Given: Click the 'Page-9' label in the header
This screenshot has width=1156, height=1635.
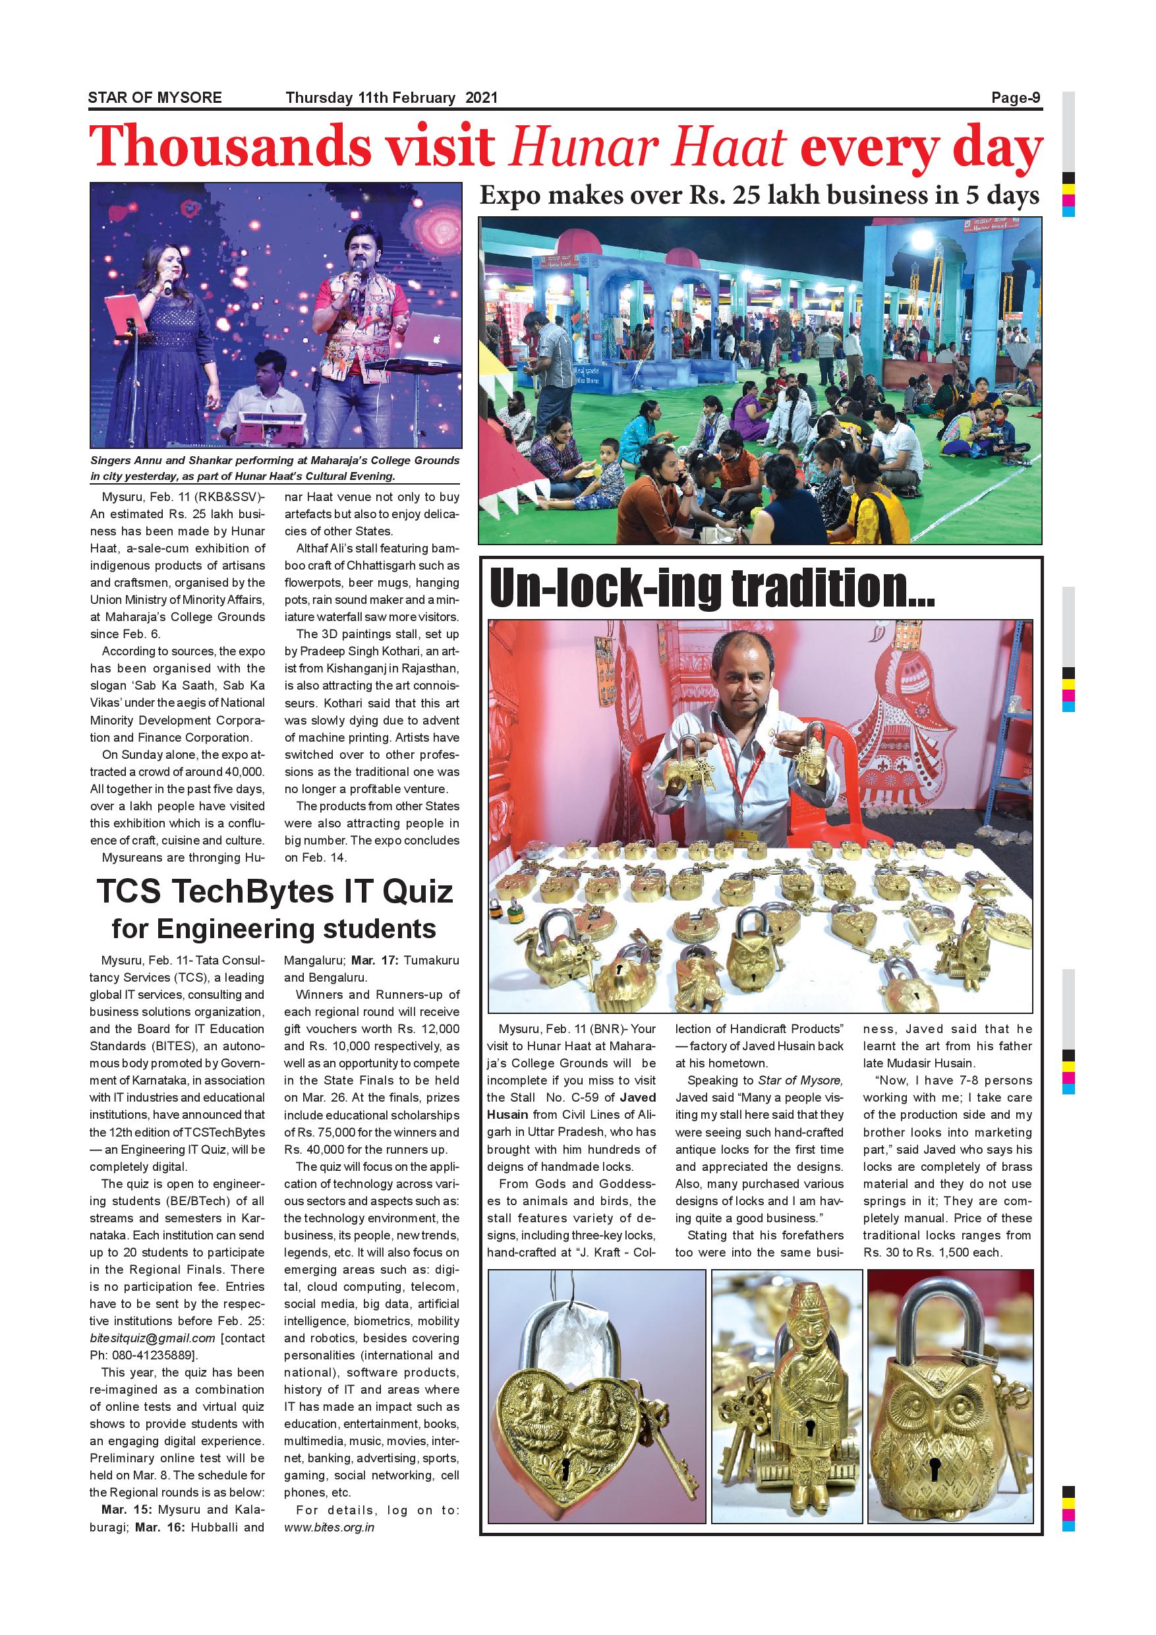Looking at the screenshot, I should click(x=1016, y=98).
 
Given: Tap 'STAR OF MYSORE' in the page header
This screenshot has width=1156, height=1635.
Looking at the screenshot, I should click(x=155, y=98).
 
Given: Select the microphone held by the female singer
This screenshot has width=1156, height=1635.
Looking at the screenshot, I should click(x=169, y=283).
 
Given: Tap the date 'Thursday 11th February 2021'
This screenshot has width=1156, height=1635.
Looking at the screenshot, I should click(x=391, y=98).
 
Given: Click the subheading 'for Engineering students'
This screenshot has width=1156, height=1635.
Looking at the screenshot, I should click(x=274, y=929).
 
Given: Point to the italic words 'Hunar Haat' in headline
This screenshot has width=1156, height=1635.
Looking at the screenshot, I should click(x=648, y=148).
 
